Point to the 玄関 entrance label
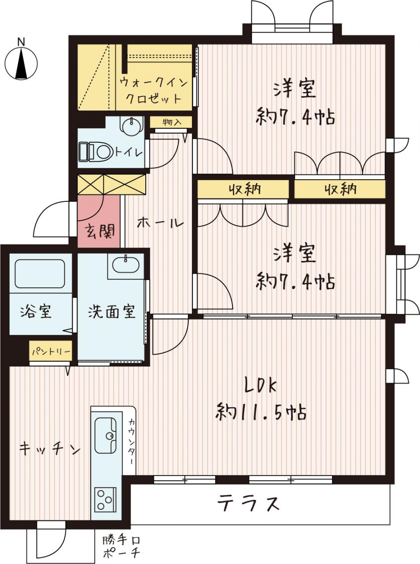click(x=99, y=231)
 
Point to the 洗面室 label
click(x=112, y=312)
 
